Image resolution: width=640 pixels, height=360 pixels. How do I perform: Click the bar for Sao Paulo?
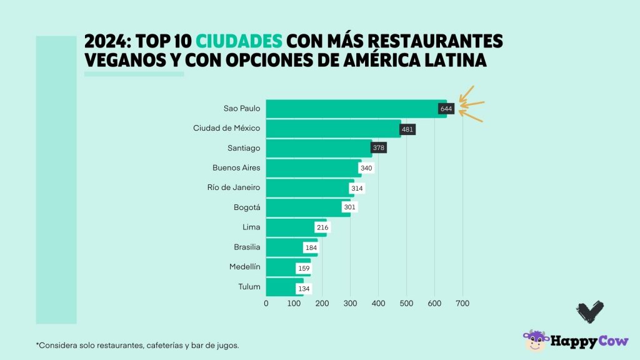tap(350, 109)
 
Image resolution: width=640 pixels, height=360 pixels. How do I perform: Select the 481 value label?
tap(408, 129)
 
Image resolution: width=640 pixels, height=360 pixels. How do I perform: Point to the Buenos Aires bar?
tap(312, 168)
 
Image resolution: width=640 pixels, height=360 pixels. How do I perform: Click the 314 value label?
tap(357, 188)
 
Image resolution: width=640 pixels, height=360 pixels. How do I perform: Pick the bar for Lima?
tap(291, 227)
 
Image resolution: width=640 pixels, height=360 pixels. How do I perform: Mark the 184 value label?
tap(311, 248)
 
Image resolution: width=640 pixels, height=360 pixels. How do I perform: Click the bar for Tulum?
tap(281, 287)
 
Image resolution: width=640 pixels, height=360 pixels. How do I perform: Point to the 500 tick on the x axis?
tap(406, 304)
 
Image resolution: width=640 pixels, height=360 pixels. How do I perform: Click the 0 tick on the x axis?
tap(266, 304)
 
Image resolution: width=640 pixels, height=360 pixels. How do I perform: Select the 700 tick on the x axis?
tap(462, 304)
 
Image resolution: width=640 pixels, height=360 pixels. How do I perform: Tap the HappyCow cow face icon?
tap(535, 341)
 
